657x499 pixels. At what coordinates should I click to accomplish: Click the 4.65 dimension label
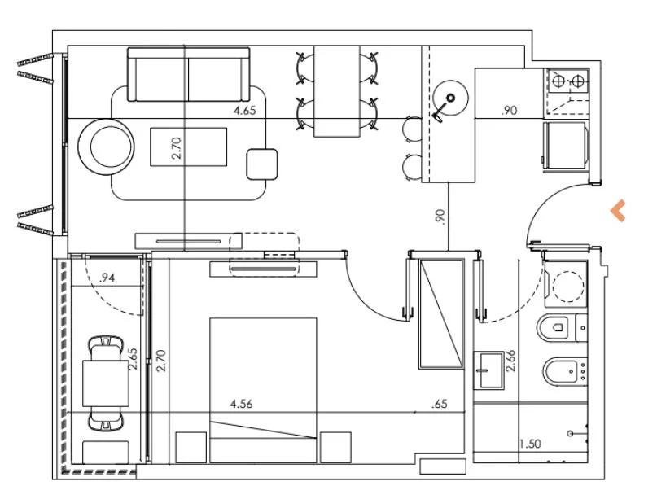245,111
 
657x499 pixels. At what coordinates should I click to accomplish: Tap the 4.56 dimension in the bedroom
241,404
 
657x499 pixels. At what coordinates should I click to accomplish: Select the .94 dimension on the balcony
107,278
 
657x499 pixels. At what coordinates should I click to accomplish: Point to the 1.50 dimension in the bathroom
531,444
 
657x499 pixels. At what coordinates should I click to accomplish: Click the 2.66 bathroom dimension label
510,361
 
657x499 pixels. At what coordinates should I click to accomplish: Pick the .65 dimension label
440,404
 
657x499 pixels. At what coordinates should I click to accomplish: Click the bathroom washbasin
488,370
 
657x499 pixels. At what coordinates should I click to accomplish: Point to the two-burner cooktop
567,81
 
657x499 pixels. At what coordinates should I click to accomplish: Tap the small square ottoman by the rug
262,164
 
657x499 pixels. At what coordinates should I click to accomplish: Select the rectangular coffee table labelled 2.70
189,147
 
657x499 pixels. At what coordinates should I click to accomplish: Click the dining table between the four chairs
337,91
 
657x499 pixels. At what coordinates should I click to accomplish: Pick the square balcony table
106,383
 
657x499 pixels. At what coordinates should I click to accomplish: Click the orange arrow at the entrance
619,210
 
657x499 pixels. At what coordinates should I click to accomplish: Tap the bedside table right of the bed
335,448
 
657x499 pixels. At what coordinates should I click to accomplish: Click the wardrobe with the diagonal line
441,314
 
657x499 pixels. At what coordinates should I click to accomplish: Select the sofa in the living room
189,75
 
